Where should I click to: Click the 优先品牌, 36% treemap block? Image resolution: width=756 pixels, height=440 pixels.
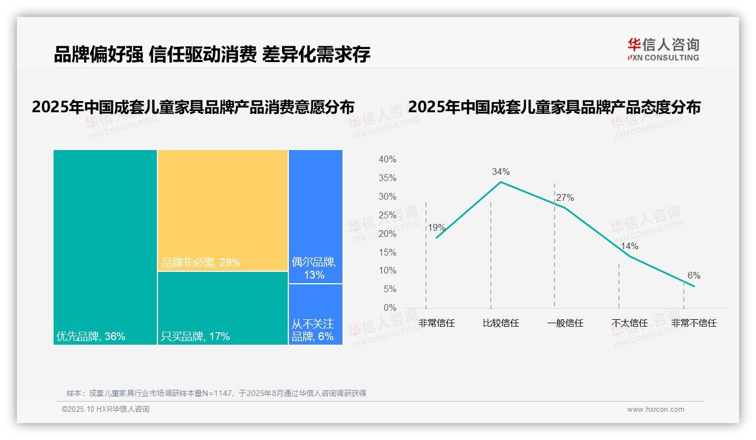(x=105, y=247)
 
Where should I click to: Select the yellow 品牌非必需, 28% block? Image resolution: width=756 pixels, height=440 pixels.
(x=223, y=210)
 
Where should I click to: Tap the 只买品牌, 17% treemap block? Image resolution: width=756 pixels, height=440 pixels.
(x=223, y=308)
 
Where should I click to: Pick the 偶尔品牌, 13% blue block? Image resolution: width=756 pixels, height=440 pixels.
(x=315, y=216)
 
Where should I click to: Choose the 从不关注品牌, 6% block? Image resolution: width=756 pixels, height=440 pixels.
(x=315, y=314)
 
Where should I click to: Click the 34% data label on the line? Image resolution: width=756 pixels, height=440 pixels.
(x=500, y=171)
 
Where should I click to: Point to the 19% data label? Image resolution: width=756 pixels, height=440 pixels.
(x=437, y=228)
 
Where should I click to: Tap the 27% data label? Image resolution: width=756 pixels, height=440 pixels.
(x=565, y=197)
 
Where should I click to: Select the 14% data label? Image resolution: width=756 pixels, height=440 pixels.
(x=629, y=246)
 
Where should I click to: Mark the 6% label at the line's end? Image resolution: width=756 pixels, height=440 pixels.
(x=693, y=275)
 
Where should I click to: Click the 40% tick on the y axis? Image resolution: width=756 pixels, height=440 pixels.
(x=387, y=160)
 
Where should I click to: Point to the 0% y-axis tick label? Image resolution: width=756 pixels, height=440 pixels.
(x=390, y=308)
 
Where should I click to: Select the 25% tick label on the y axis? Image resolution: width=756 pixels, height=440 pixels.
(x=387, y=215)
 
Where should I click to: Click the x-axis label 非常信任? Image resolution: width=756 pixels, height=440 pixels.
(x=437, y=323)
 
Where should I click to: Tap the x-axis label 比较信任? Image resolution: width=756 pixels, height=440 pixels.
(x=500, y=323)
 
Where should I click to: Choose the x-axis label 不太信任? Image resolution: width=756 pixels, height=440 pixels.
(x=629, y=323)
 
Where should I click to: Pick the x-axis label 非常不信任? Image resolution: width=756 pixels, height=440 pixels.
(x=693, y=323)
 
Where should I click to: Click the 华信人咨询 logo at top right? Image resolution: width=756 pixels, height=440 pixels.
(x=663, y=49)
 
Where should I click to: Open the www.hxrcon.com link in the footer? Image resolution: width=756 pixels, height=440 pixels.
(x=656, y=410)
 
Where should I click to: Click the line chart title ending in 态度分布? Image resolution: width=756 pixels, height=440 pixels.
(x=554, y=107)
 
